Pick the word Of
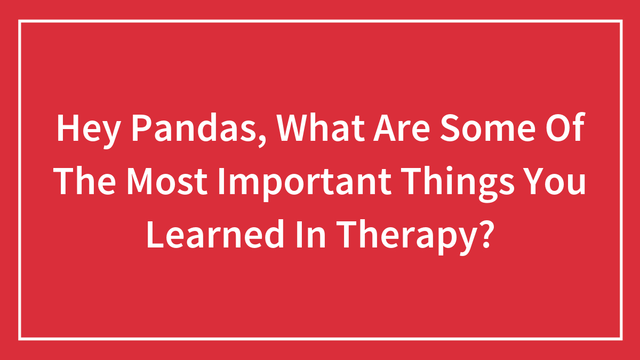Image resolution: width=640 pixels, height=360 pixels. (x=565, y=130)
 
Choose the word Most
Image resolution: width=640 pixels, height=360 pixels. (x=164, y=182)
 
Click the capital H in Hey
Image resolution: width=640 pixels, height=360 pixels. (x=66, y=130)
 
